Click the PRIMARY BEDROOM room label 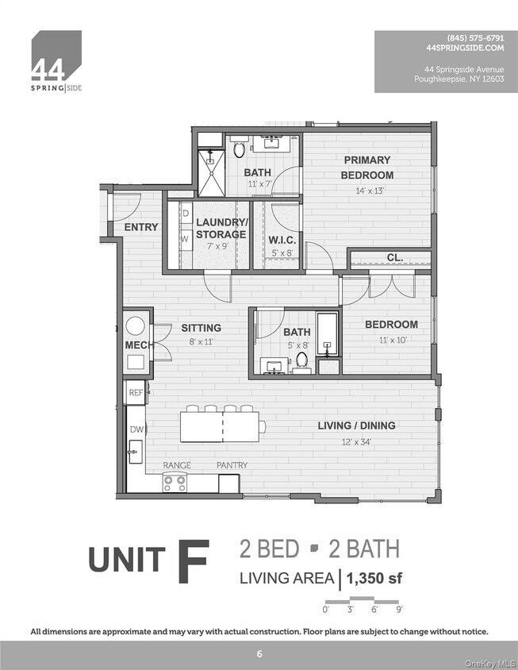click(x=367, y=167)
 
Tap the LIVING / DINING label click(x=356, y=425)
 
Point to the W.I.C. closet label click(x=282, y=241)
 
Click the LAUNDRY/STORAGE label click(x=221, y=229)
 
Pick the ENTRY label click(x=141, y=227)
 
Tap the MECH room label click(x=140, y=345)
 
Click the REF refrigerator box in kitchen click(x=135, y=392)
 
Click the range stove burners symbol click(x=175, y=481)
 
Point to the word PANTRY click(x=232, y=465)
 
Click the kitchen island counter click(x=222, y=426)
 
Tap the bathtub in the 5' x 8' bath click(x=327, y=334)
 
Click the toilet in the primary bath click(x=239, y=148)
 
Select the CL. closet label click(x=394, y=258)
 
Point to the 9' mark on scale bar click(x=399, y=610)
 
